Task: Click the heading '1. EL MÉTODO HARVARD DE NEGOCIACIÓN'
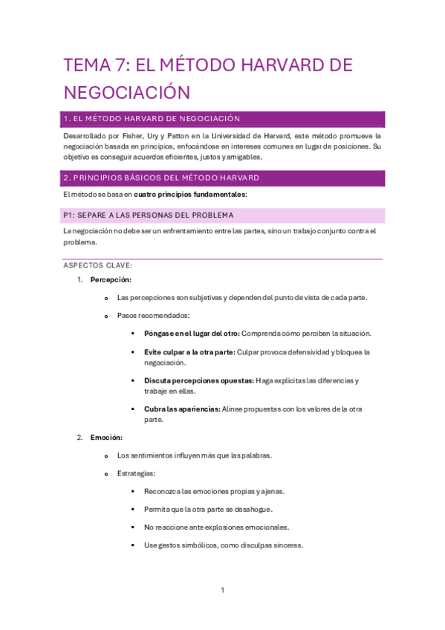point(152,119)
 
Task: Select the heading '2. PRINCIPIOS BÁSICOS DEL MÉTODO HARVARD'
point(161,178)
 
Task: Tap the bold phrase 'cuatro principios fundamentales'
point(189,195)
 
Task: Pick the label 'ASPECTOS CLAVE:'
point(98,265)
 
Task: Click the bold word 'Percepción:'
point(111,280)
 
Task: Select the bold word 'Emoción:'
point(106,438)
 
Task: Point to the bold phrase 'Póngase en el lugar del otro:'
point(192,334)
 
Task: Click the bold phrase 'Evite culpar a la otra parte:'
point(190,352)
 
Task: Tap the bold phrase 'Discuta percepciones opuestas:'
point(198,380)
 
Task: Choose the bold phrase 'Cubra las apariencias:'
point(182,409)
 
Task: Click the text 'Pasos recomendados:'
point(153,316)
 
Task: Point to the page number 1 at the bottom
point(222,591)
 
